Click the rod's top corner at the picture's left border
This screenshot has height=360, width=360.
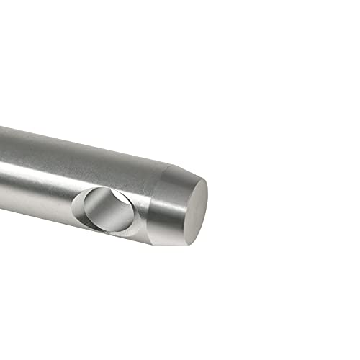coord(1,127)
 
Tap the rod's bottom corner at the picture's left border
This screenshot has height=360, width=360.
coord(1,209)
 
